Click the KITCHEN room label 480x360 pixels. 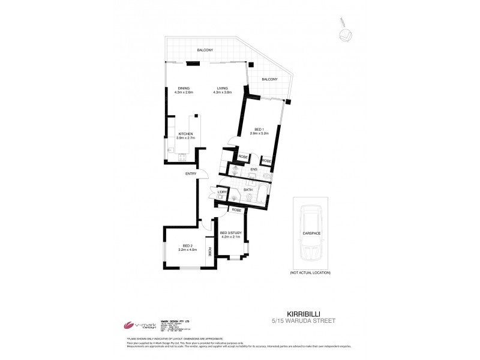tap(185, 133)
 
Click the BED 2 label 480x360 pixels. tap(187, 245)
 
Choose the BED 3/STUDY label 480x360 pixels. tap(230, 233)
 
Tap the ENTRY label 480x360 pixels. tap(191, 174)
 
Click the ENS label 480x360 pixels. tap(254, 169)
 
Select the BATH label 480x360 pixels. tap(247, 190)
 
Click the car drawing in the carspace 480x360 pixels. tap(310, 235)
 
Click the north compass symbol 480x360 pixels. tap(344, 35)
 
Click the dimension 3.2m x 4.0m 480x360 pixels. tap(187, 250)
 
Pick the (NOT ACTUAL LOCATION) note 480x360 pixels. tap(310, 273)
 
